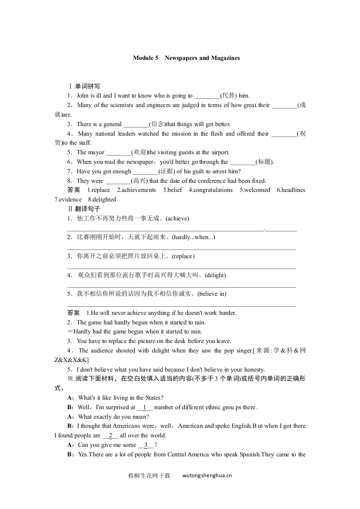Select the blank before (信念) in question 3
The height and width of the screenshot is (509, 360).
(x=136, y=124)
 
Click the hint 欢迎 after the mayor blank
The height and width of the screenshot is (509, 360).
(x=139, y=152)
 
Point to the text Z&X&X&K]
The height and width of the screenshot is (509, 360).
(x=69, y=360)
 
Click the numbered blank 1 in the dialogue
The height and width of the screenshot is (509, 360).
(x=144, y=407)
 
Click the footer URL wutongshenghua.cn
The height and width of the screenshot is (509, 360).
(x=207, y=476)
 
